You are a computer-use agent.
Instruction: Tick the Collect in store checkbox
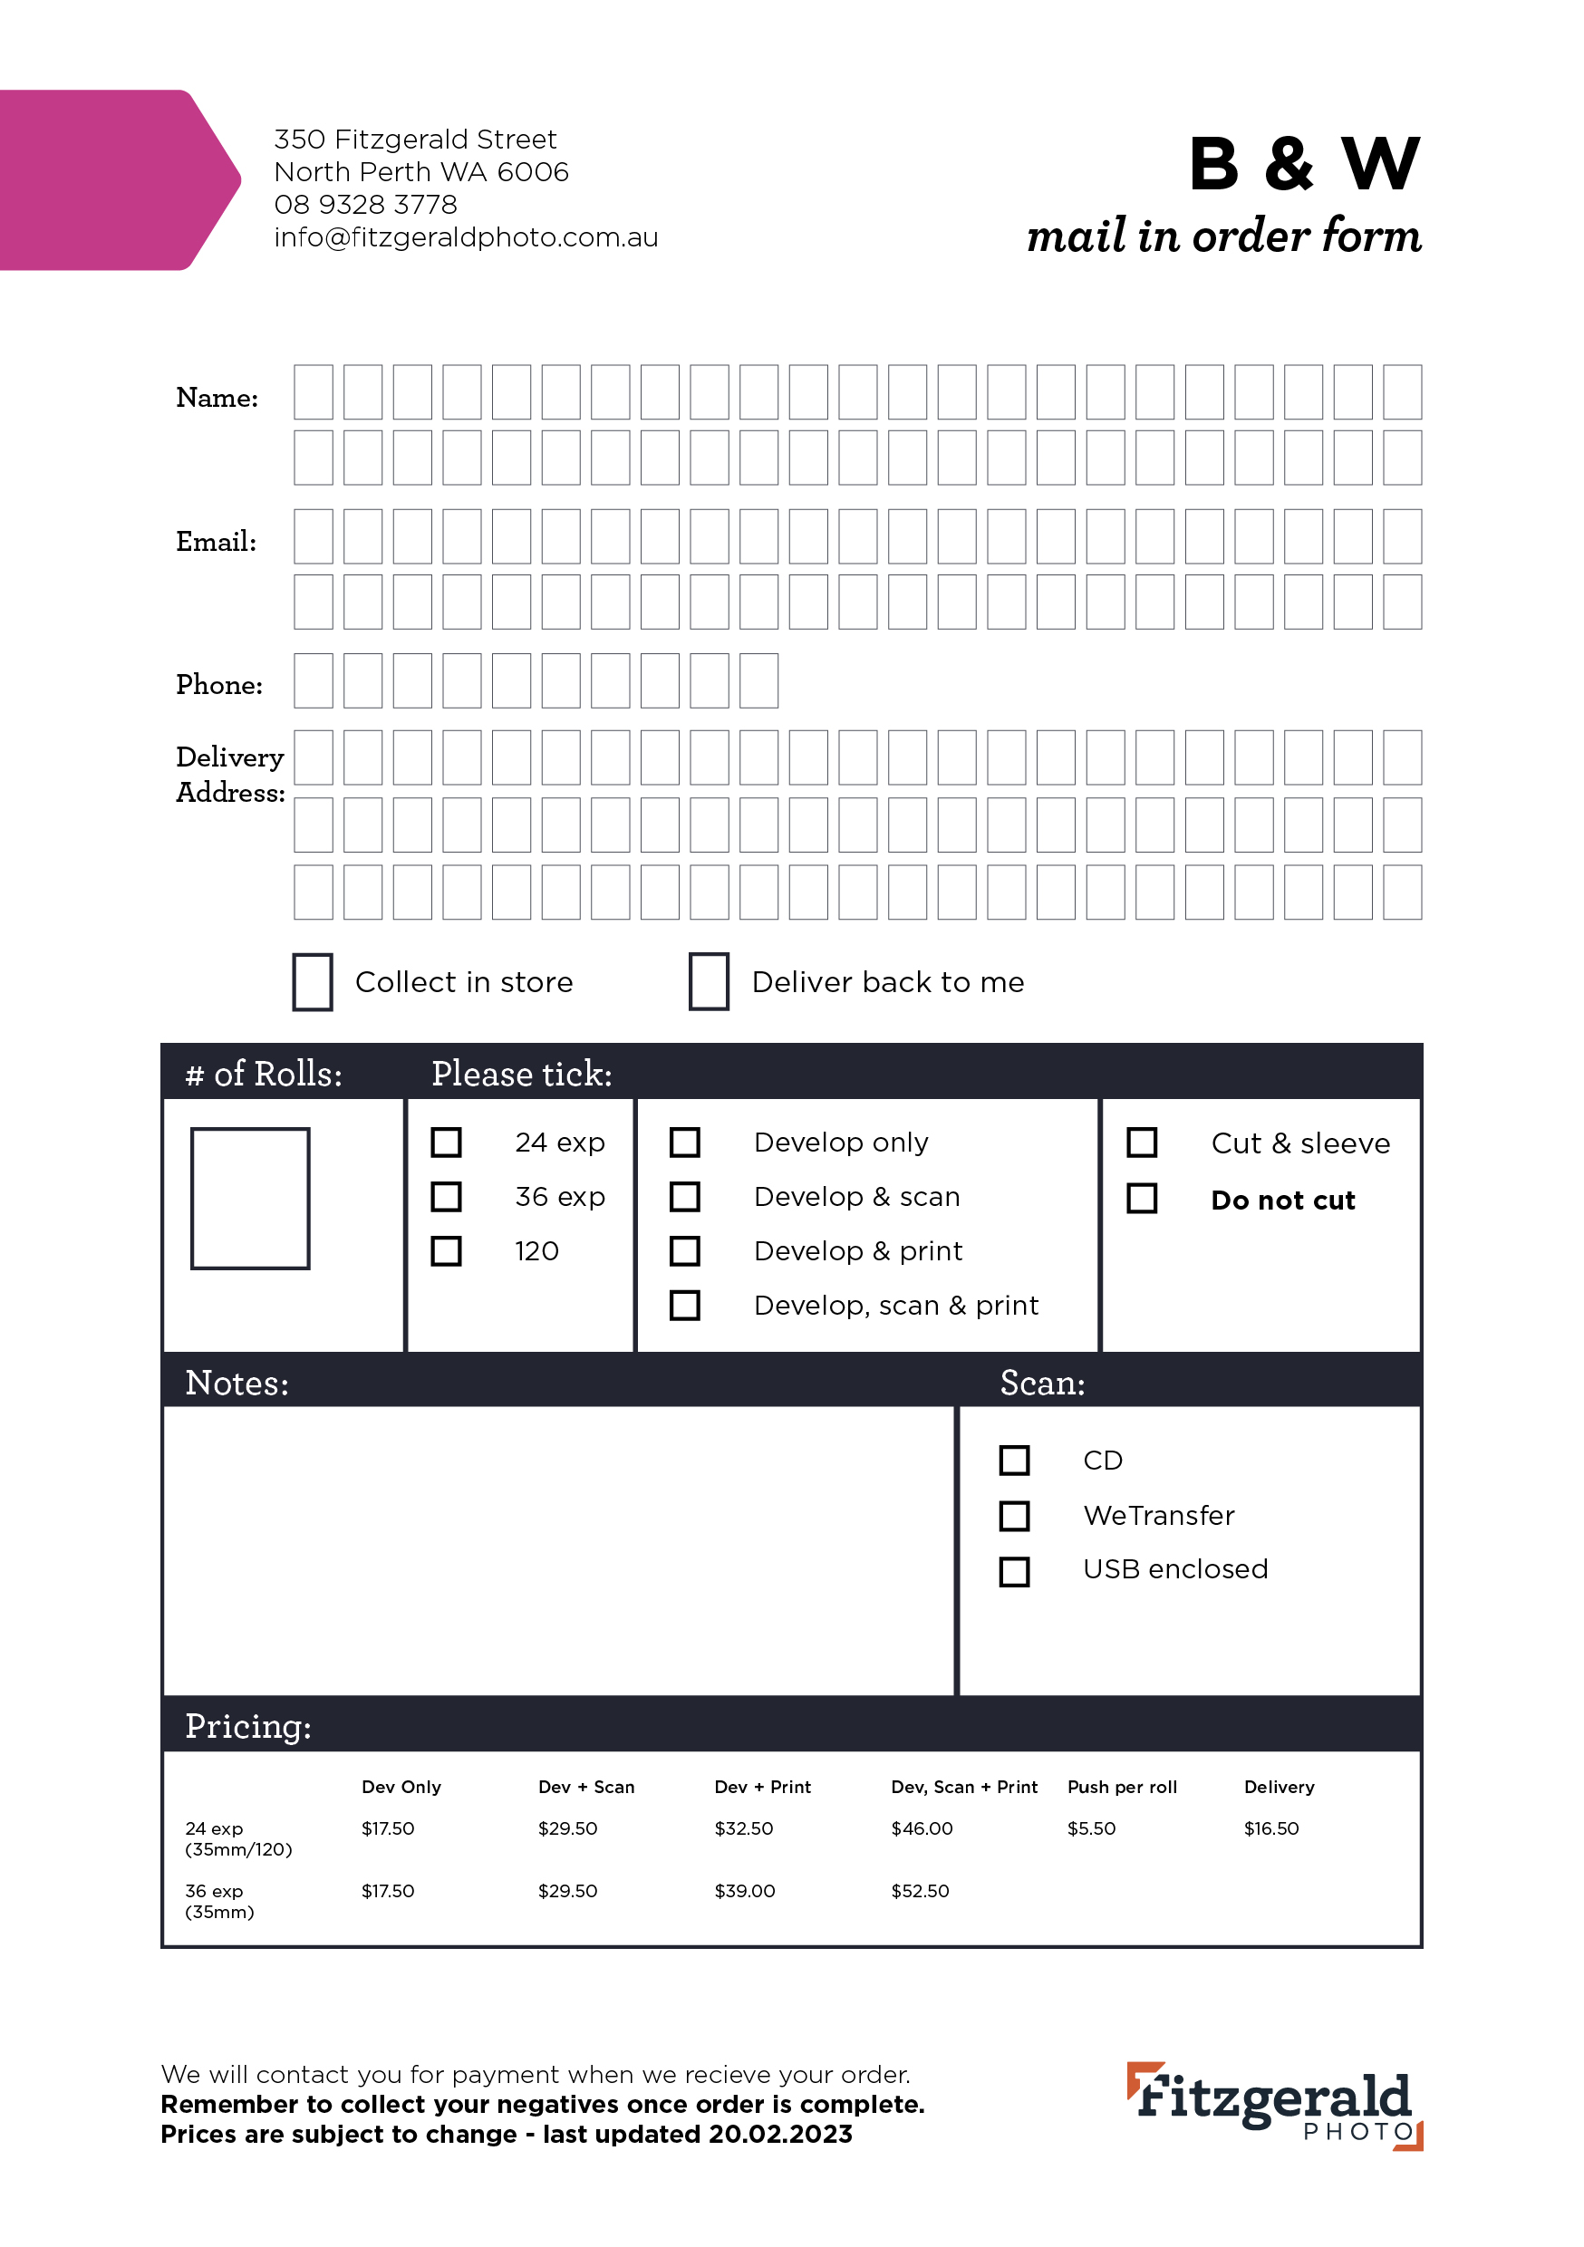click(x=313, y=981)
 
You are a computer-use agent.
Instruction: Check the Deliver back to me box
click(x=709, y=981)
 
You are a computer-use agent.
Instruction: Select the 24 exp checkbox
click(x=447, y=1143)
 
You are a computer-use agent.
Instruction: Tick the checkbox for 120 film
click(x=447, y=1250)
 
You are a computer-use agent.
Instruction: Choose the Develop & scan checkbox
click(x=684, y=1197)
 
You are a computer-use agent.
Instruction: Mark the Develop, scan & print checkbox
click(x=684, y=1306)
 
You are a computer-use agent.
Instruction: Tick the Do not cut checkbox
click(x=1142, y=1199)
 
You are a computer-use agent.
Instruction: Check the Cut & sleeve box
click(x=1142, y=1143)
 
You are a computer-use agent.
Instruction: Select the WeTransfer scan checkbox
click(x=1014, y=1516)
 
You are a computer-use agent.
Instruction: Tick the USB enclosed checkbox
click(x=1014, y=1572)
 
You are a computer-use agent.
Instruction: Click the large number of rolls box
click(x=251, y=1199)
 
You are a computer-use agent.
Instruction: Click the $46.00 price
click(x=922, y=1828)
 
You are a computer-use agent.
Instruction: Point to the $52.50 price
click(x=919, y=1891)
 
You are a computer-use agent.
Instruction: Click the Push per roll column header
click(x=1122, y=1787)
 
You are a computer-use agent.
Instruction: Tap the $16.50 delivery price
click(x=1270, y=1828)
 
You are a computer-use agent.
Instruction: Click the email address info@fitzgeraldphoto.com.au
click(x=466, y=237)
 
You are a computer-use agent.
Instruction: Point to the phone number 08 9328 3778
click(x=365, y=205)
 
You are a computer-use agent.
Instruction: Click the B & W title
click(x=1303, y=163)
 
